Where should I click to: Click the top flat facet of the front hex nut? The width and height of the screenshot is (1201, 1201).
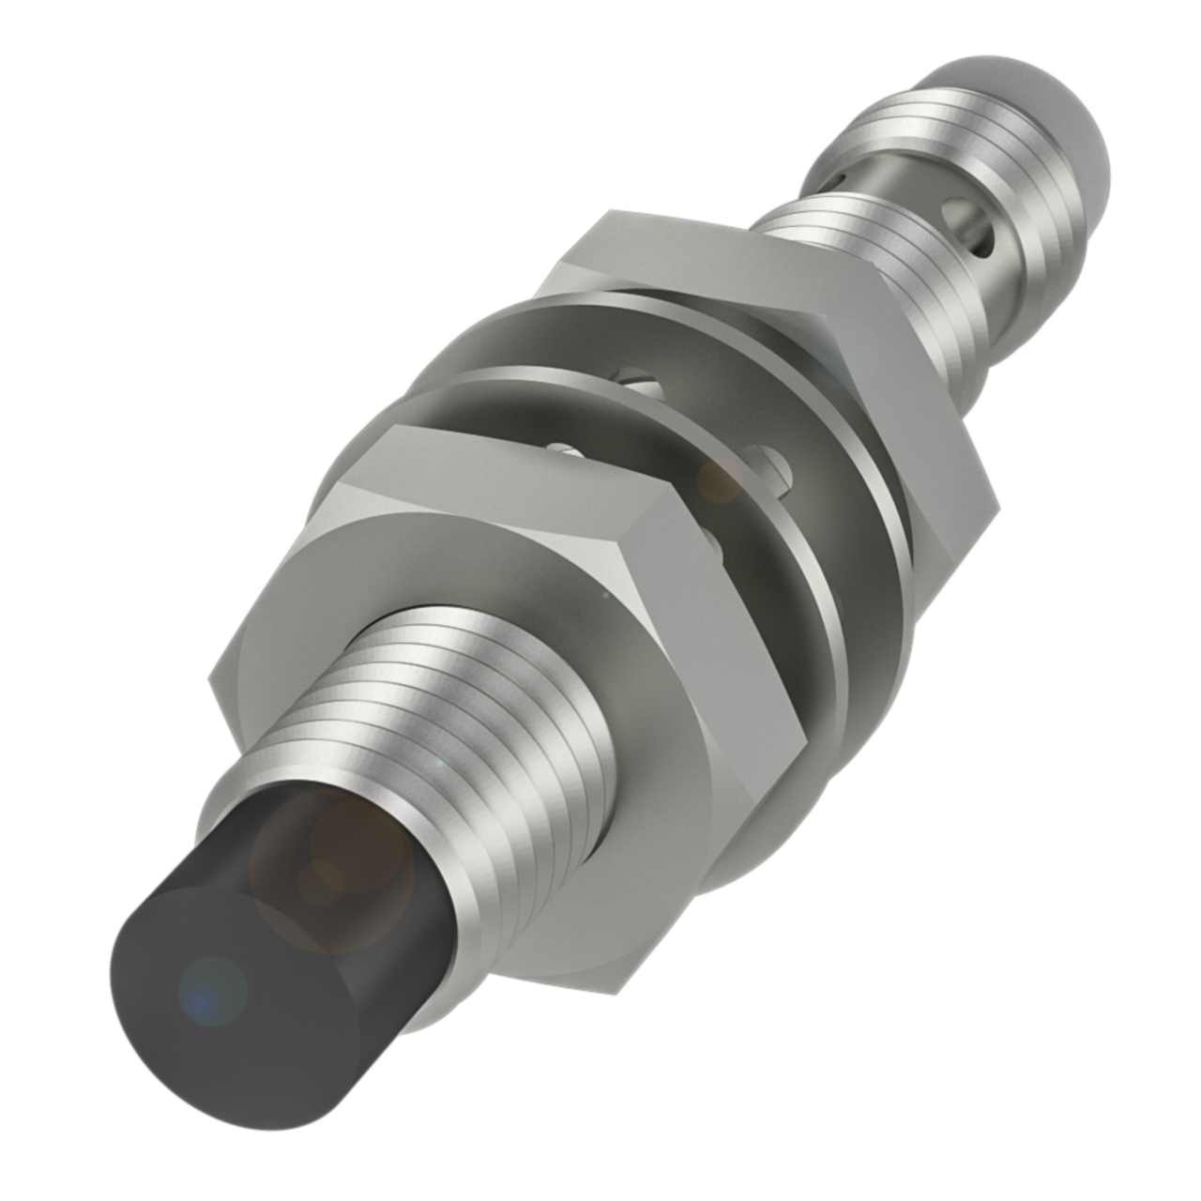525,479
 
